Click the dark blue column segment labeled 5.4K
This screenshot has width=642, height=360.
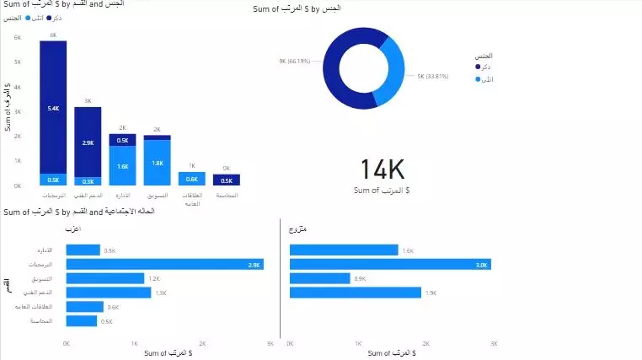[x=53, y=107]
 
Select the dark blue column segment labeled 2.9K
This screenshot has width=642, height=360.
[x=88, y=142]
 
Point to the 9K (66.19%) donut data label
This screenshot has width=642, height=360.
[x=295, y=62]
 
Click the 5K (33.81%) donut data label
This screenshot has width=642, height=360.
[x=432, y=76]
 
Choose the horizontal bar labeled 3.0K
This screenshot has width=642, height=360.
[x=390, y=264]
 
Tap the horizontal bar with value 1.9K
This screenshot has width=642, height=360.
[x=355, y=293]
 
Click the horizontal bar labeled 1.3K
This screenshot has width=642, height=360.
[x=108, y=293]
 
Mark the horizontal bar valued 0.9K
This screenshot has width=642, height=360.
[x=319, y=278]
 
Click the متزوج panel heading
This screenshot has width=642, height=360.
[x=298, y=228]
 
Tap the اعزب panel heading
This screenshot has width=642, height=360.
[x=73, y=228]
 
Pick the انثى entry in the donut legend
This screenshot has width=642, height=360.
[x=487, y=79]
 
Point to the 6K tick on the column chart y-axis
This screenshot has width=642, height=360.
[x=18, y=38]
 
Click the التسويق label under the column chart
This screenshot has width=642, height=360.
[x=157, y=195]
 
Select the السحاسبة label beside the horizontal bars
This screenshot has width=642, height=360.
[x=40, y=321]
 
